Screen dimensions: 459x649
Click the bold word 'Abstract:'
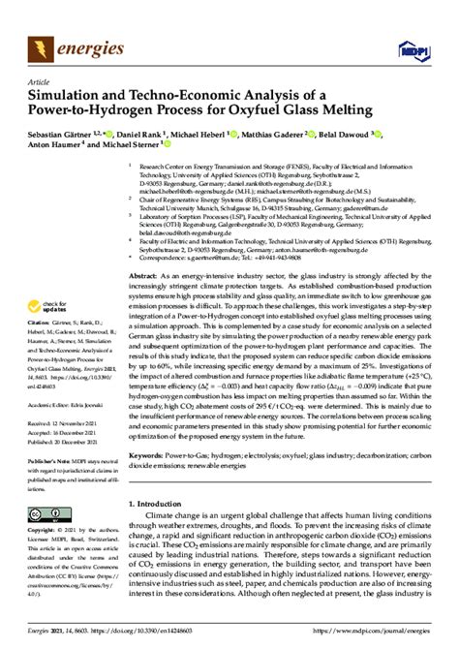click(146, 249)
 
